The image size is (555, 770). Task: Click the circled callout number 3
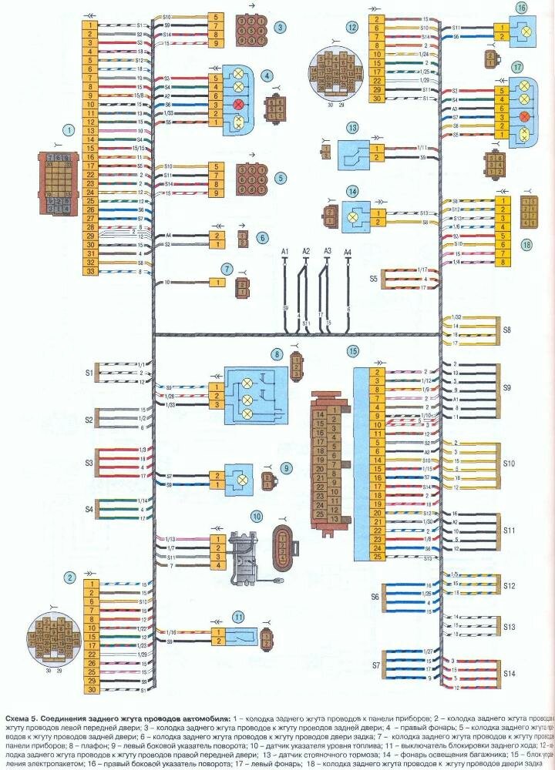pyautogui.click(x=281, y=27)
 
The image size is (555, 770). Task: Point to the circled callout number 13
pyautogui.click(x=352, y=128)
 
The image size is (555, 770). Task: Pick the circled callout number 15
pyautogui.click(x=352, y=351)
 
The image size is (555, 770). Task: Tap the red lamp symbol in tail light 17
pyautogui.click(x=526, y=116)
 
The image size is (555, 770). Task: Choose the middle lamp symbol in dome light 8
pyautogui.click(x=247, y=398)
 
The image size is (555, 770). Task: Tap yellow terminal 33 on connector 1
pyautogui.click(x=92, y=272)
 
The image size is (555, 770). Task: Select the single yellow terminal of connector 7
pyautogui.click(x=217, y=283)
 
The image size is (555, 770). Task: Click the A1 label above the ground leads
pyautogui.click(x=284, y=252)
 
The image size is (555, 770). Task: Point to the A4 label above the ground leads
pyautogui.click(x=347, y=252)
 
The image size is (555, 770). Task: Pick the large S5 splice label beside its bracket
pyautogui.click(x=374, y=277)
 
